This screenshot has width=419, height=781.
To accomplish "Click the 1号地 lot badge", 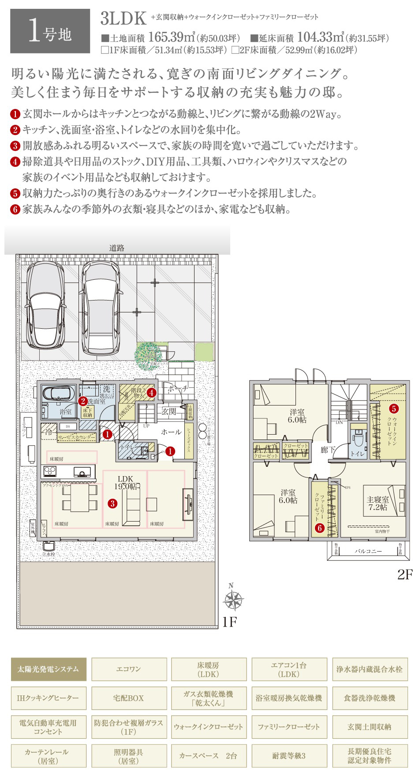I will click(50, 31).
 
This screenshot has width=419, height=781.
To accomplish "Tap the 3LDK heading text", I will click(123, 19).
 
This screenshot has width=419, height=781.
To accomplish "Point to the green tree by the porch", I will click(147, 353).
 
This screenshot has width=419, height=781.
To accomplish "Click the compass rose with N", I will click(232, 600).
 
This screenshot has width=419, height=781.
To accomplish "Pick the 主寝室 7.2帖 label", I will click(378, 503).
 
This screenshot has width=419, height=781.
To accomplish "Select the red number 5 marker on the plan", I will click(393, 409).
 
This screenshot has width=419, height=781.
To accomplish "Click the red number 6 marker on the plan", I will click(320, 527).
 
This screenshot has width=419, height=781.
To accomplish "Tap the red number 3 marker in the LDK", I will click(113, 503).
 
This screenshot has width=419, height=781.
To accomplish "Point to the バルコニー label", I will click(368, 551).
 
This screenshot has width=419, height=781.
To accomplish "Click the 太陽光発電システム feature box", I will click(49, 669).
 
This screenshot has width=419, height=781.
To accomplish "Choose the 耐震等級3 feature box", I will click(289, 756).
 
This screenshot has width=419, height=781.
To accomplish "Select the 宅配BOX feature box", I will click(129, 698).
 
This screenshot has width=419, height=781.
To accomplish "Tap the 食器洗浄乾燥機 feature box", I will click(370, 698).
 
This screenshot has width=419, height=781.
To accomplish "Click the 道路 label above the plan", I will click(117, 248).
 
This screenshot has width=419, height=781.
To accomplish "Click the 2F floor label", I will click(404, 574).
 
